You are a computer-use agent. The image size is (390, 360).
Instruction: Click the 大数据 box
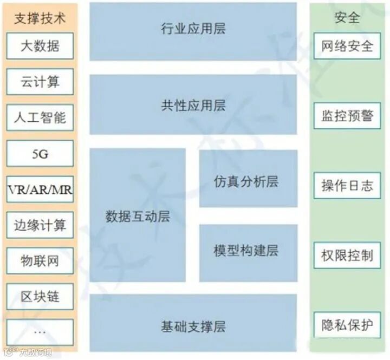[40, 46]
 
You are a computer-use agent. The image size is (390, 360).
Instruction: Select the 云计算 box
[40, 82]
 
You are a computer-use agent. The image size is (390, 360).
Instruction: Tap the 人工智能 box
[40, 117]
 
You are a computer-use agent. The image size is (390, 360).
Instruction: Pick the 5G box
[40, 154]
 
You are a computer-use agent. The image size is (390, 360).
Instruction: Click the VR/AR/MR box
[40, 189]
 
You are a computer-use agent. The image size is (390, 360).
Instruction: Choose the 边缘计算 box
[40, 225]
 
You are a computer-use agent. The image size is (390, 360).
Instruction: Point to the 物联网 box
[40, 261]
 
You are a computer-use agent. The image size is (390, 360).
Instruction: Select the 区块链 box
[40, 297]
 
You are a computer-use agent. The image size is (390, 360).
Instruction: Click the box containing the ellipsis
[40, 332]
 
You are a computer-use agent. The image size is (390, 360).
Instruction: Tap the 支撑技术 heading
[40, 18]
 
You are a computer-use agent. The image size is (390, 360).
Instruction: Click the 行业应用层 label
[193, 28]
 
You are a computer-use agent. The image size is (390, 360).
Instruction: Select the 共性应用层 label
[193, 104]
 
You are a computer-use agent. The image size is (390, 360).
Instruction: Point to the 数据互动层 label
[138, 217]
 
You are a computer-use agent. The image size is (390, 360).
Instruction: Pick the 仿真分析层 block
[248, 181]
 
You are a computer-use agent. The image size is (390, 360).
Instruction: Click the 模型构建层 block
[248, 252]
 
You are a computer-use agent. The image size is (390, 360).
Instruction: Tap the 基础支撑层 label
[193, 326]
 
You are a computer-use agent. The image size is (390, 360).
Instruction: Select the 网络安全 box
[347, 46]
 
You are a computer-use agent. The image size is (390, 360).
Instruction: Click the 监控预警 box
[347, 116]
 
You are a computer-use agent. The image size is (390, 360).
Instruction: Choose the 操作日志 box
[347, 186]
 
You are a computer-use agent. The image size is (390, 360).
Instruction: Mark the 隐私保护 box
[347, 325]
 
